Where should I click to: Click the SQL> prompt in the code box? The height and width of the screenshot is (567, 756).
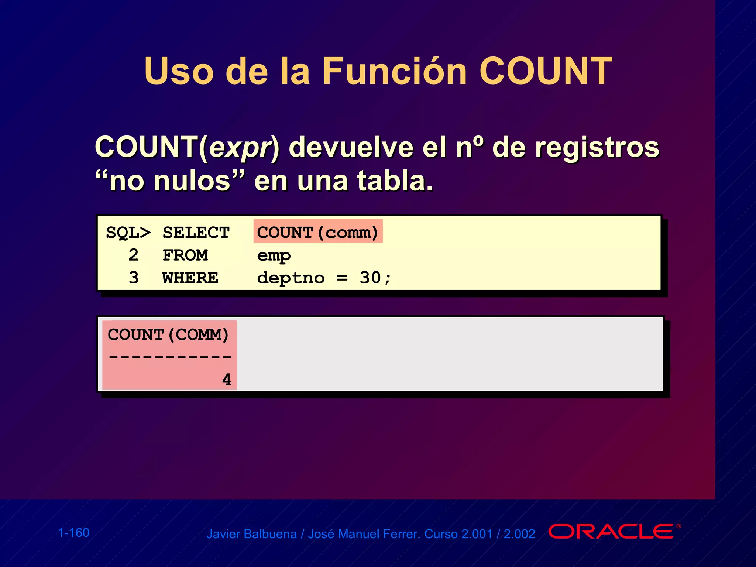(128, 233)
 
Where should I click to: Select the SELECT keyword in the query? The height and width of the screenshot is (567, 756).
(196, 233)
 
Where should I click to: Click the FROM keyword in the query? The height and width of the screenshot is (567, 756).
(185, 255)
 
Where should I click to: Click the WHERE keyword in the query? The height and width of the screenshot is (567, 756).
(190, 278)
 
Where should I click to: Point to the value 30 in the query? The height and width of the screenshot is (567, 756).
(370, 278)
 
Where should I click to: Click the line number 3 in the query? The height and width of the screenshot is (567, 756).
(134, 278)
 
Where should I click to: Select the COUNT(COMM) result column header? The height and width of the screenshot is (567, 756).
(168, 335)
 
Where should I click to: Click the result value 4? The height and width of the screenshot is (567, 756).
(227, 379)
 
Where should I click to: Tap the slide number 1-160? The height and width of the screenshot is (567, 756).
(74, 533)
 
